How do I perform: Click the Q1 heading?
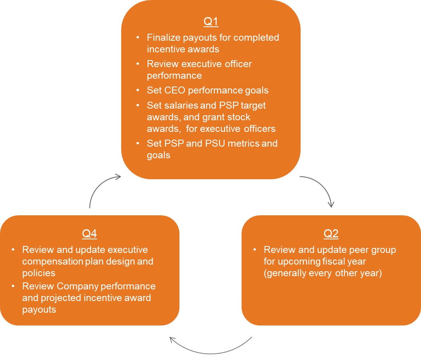click(x=211, y=22)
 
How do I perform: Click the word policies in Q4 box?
click(x=39, y=273)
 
